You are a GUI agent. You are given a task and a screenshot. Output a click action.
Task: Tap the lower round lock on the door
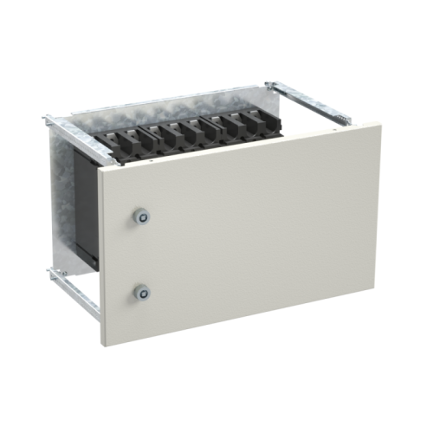pyautogui.click(x=139, y=293)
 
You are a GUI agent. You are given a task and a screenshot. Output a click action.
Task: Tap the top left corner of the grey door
pyautogui.click(x=99, y=171)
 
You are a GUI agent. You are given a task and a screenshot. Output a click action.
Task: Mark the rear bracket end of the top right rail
pyautogui.click(x=274, y=85)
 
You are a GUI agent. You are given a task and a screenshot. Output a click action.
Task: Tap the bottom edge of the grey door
pyautogui.click(x=242, y=321)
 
